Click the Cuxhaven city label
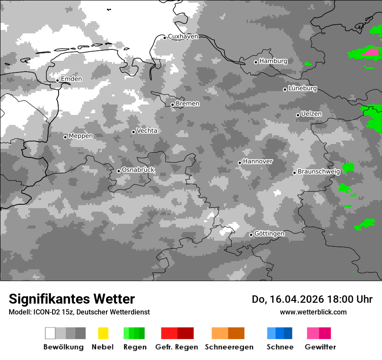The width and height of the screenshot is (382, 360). point(183,36)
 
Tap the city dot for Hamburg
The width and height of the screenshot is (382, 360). point(256,62)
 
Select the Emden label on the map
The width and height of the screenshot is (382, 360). point(71,79)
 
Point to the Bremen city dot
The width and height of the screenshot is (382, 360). point(172,105)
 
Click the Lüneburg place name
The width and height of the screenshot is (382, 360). point(303,88)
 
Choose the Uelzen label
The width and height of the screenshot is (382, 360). point(311,114)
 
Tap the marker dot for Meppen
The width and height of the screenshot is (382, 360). point(65,137)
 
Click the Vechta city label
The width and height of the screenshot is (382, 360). point(147,131)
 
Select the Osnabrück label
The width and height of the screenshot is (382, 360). point(138,170)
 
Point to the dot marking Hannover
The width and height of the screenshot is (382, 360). point(240,163)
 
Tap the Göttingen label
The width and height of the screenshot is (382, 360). point(269,234)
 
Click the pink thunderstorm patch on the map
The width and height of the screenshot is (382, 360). point(371,52)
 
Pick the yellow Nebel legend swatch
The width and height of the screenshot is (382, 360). point(103,333)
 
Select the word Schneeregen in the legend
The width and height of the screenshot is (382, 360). point(229,347)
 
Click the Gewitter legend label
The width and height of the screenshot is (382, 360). point(320,347)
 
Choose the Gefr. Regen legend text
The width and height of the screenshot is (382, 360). point(177,347)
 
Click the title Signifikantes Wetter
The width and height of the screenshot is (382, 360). point(72,299)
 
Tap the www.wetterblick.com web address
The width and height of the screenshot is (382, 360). point(313,312)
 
